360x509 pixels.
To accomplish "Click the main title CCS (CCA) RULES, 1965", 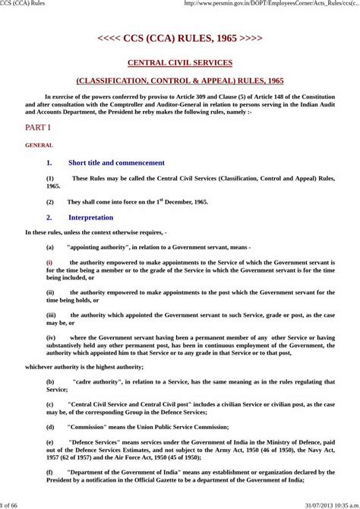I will pos(180,37).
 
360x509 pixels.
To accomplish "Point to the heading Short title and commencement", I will pos(116,163).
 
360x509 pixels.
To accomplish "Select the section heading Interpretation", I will pos(90,217).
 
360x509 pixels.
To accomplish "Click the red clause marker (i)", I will pos(50,261).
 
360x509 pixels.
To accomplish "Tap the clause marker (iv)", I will pos(51,337).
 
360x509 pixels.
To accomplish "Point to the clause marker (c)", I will pos(50,404).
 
